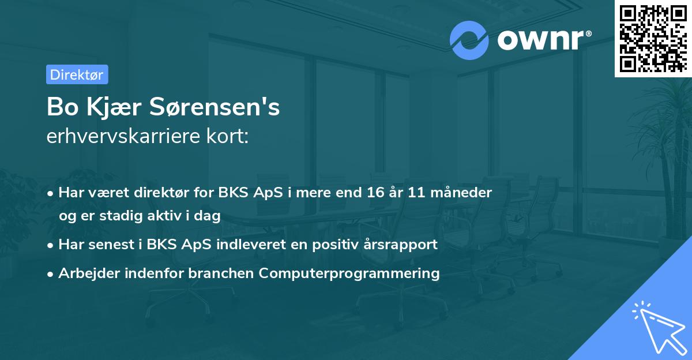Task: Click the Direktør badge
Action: (x=77, y=74)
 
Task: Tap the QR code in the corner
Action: (x=653, y=38)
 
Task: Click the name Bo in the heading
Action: (x=62, y=107)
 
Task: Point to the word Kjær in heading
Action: (x=114, y=107)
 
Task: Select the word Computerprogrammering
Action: (x=349, y=273)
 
